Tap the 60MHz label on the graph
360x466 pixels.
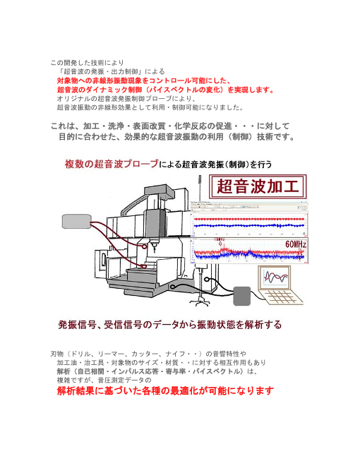(x=296, y=243)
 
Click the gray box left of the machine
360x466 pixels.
(x=76, y=222)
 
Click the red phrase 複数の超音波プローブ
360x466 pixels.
(x=112, y=165)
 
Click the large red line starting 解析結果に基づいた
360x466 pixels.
(x=164, y=391)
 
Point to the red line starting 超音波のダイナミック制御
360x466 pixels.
(x=166, y=90)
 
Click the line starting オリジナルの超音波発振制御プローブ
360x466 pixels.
(x=130, y=100)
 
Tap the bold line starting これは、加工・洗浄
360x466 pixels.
(x=168, y=126)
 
